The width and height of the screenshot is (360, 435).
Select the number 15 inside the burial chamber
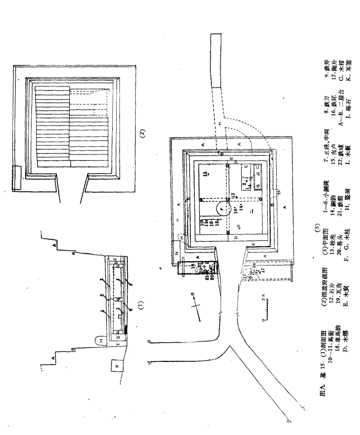click(x=206, y=175)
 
